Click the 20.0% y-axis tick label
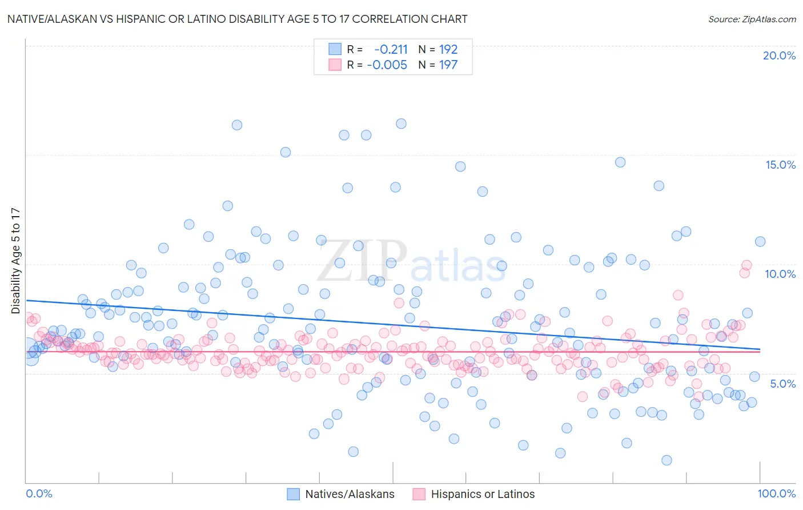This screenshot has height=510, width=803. (779, 55)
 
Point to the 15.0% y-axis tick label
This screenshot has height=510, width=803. (780, 165)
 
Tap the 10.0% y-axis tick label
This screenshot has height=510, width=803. (780, 274)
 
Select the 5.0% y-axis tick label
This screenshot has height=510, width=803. (782, 384)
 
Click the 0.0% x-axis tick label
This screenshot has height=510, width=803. (39, 493)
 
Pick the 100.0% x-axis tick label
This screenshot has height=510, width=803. (776, 493)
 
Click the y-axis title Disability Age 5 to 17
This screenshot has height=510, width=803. (15, 261)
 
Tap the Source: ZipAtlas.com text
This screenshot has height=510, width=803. (752, 19)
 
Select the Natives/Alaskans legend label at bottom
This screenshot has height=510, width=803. (350, 494)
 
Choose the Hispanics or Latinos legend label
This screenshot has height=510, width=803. (483, 494)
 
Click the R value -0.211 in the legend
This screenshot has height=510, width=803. (391, 49)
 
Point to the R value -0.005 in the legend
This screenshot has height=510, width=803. (387, 65)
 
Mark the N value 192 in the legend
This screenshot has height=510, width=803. (448, 49)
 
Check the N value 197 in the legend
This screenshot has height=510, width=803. (448, 65)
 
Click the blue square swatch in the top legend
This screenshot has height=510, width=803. (335, 49)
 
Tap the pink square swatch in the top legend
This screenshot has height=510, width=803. (335, 65)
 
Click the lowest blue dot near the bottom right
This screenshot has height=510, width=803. (666, 460)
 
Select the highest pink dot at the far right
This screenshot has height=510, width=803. (746, 265)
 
